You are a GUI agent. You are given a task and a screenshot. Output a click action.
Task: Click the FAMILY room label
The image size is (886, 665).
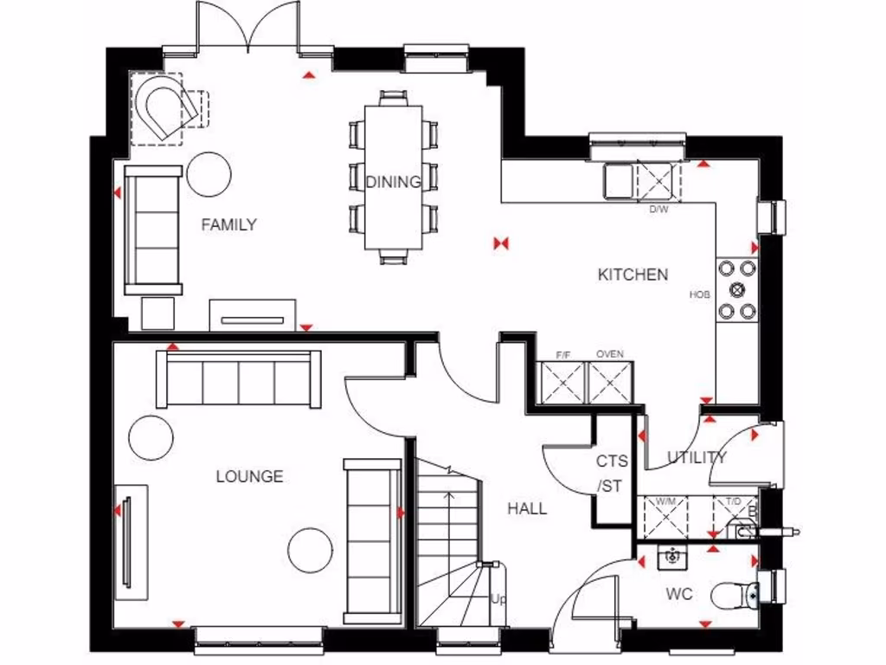tap(228, 225)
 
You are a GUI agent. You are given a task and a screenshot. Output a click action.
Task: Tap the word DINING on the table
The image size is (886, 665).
tap(393, 182)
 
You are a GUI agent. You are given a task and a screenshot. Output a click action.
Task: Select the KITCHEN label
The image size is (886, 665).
tap(632, 274)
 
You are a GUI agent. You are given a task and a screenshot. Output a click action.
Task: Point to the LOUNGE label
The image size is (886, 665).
tap(249, 476)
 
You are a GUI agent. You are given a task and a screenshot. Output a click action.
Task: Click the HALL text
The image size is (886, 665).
tap(526, 508)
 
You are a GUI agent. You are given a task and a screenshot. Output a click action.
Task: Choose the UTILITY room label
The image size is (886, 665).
tap(696, 457)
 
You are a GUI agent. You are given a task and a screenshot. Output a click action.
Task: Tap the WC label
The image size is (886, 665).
tap(678, 596)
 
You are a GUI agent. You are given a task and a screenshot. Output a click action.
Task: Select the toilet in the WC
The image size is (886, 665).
tap(734, 595)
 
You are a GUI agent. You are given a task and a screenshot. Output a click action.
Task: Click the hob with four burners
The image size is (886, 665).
tap(737, 290)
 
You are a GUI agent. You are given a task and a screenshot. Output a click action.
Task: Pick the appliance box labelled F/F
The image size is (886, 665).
tap(562, 381)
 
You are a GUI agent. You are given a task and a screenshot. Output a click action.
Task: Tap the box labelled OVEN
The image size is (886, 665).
tap(610, 381)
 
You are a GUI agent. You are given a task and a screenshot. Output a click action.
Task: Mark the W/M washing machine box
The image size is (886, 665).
tap(665, 518)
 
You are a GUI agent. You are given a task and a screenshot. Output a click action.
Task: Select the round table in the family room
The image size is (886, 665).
tap(209, 174)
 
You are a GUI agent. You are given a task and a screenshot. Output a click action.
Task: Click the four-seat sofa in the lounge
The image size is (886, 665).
tap(238, 379)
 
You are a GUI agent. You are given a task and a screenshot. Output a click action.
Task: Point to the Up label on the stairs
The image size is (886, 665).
tap(498, 599)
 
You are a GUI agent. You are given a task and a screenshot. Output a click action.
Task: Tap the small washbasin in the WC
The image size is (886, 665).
tap(671, 558)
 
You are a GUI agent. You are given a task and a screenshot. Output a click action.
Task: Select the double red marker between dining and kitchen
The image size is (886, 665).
tap(499, 244)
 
